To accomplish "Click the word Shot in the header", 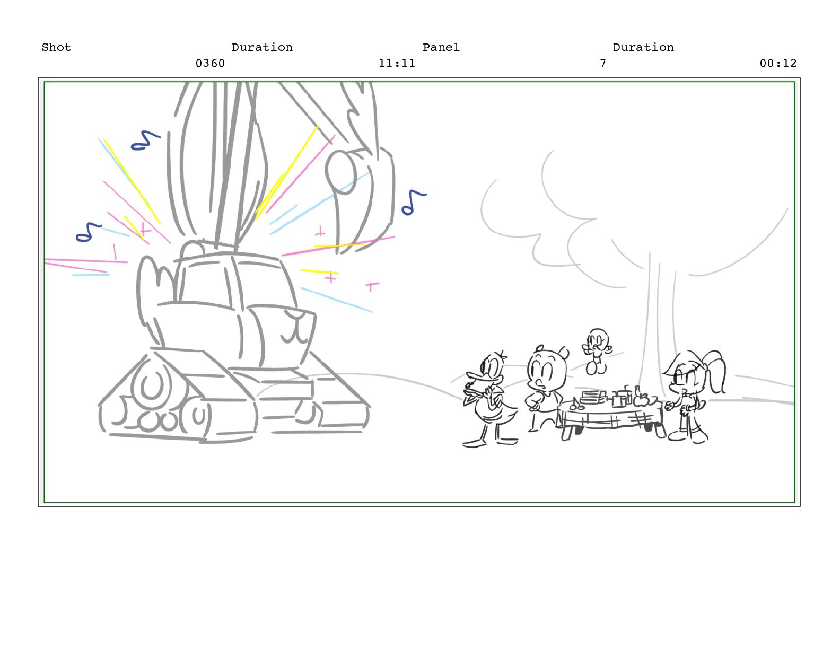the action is click(x=56, y=48).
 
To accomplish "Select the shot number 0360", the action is click(x=211, y=64).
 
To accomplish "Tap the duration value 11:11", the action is click(x=397, y=64).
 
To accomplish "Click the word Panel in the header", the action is click(x=441, y=48).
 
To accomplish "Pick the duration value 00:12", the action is click(x=778, y=64).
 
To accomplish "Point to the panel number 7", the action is click(x=603, y=64).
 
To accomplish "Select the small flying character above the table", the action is click(x=597, y=351).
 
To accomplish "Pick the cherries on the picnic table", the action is click(x=577, y=405).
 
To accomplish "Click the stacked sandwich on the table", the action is click(x=592, y=397).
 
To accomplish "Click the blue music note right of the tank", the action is click(x=413, y=203).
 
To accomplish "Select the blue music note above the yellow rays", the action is click(x=145, y=141).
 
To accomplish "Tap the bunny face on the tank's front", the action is click(x=297, y=329).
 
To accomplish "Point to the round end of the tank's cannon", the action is click(x=341, y=172).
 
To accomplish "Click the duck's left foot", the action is click(x=474, y=443).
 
